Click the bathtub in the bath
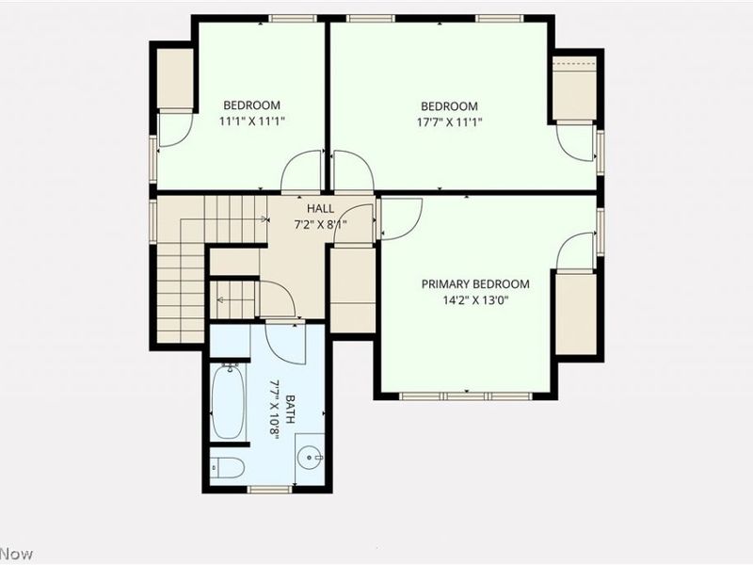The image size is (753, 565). [x=229, y=402]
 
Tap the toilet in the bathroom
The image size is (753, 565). [x=227, y=467]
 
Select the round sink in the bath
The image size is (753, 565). [x=310, y=458]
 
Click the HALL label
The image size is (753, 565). [x=320, y=208]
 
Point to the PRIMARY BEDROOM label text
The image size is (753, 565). [x=474, y=284]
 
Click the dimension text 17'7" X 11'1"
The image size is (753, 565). [x=449, y=122]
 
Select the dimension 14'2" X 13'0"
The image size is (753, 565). [x=474, y=301]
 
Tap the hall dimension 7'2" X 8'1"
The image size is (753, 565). [x=320, y=224]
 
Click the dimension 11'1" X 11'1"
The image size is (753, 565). [x=251, y=121]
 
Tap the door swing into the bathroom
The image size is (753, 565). [x=285, y=342]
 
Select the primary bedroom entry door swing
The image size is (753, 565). [x=399, y=218]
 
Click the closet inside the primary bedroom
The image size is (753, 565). [x=575, y=314]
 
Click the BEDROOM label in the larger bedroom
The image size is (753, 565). [x=449, y=106]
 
